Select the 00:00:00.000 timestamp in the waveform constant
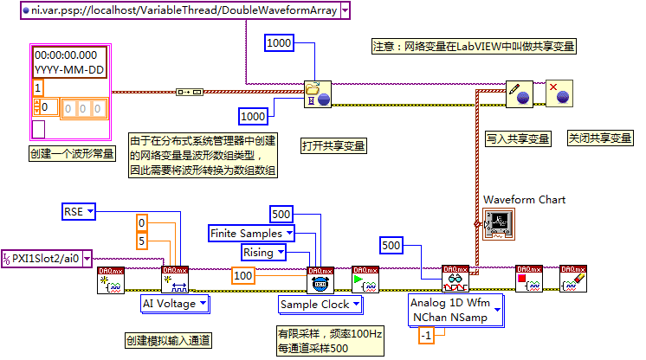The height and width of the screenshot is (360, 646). tap(67, 53)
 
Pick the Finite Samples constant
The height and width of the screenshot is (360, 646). tap(251, 233)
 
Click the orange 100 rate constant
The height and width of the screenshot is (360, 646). tap(244, 275)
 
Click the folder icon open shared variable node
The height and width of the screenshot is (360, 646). tap(317, 93)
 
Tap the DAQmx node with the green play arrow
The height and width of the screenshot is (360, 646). tap(363, 279)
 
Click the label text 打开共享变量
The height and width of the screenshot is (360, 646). tap(333, 145)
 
